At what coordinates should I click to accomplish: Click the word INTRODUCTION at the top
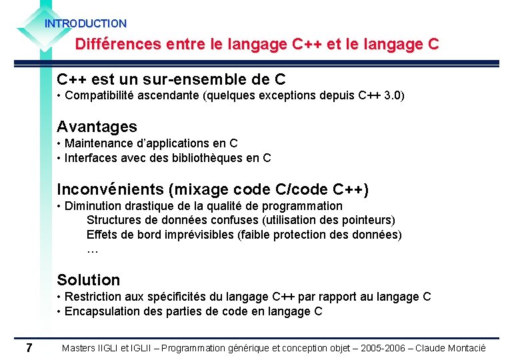pyautogui.click(x=85, y=23)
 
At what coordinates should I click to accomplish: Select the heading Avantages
pyautogui.click(x=97, y=127)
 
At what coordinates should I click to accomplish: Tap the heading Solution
pyautogui.click(x=89, y=280)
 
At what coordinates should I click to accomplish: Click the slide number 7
pyautogui.click(x=29, y=347)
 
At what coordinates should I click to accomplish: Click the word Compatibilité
pyautogui.click(x=99, y=95)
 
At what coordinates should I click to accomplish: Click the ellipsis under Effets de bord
pyautogui.click(x=93, y=250)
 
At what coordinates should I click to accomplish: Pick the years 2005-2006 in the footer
pyautogui.click(x=381, y=348)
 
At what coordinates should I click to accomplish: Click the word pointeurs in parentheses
pyautogui.click(x=367, y=220)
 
